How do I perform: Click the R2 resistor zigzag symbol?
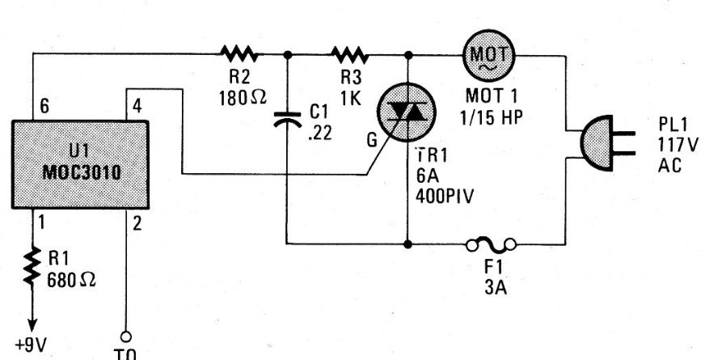(x=239, y=54)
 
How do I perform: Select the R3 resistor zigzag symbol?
(x=350, y=54)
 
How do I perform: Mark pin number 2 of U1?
(x=135, y=220)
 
